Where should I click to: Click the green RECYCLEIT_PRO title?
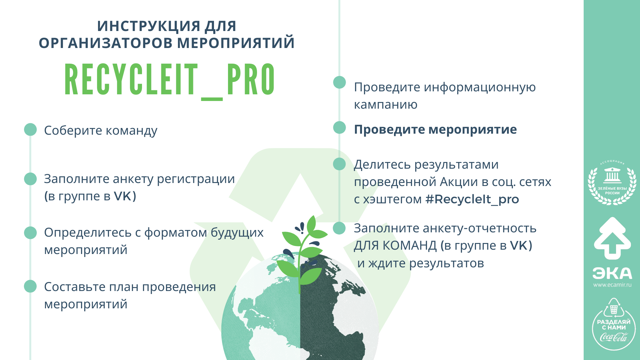170,81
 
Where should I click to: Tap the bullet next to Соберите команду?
30,130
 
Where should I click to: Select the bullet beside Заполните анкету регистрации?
30,179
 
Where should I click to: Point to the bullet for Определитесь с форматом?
30,233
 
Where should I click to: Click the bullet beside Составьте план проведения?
30,286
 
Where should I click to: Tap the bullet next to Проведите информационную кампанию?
339,82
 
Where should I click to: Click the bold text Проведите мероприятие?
435,129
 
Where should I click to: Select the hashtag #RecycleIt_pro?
472,199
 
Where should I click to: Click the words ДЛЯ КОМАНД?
395,246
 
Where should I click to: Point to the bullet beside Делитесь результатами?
339,164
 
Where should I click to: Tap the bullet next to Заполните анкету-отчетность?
339,228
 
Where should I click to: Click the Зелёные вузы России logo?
612,182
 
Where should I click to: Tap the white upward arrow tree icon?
612,238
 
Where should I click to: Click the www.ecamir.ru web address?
612,285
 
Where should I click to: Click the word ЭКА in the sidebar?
612,273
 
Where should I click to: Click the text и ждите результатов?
421,263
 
